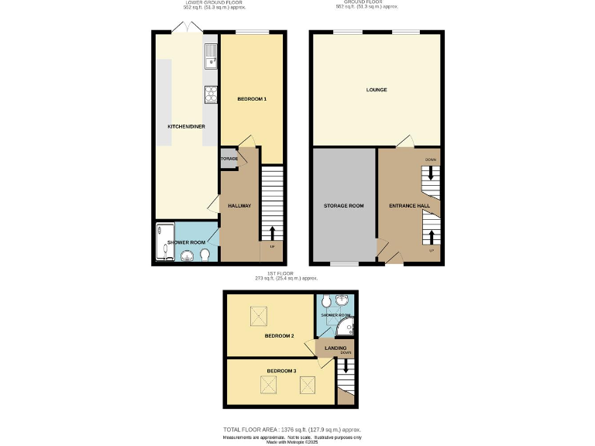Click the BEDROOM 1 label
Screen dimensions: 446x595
tap(252, 99)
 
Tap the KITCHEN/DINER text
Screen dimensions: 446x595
tap(186, 126)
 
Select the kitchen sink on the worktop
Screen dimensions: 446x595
tap(211, 54)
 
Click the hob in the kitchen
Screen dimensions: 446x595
tap(211, 94)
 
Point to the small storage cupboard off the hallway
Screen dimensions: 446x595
tap(229, 158)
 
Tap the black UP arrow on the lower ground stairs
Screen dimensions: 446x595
tap(271, 232)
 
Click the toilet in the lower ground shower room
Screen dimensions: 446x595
tap(205, 255)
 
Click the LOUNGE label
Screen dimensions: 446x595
tap(377, 90)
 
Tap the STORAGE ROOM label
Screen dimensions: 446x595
tap(343, 206)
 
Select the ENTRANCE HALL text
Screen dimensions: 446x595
tap(408, 206)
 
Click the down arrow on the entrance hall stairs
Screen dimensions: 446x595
tap(431, 173)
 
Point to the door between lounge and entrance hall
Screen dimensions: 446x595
tap(404, 142)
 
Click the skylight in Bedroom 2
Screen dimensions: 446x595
tap(258, 315)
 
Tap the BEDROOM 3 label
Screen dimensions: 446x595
tap(281, 372)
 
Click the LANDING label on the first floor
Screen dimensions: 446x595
tap(335, 348)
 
